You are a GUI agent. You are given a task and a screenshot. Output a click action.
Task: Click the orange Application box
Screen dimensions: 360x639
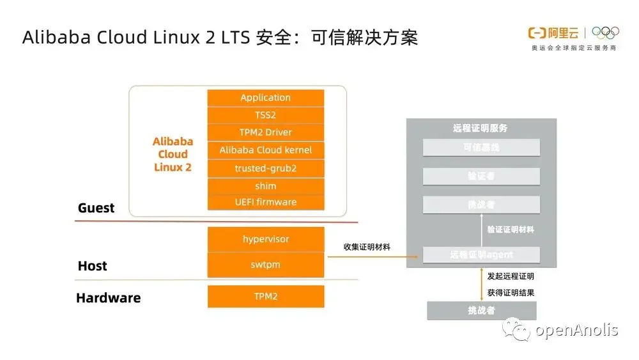pos(265,98)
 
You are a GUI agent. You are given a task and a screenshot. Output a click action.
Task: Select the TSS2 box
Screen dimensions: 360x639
pos(265,115)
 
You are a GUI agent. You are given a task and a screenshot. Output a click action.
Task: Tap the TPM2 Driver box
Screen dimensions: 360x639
pos(265,132)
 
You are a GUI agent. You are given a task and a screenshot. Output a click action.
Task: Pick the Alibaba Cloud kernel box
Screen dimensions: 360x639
pos(265,150)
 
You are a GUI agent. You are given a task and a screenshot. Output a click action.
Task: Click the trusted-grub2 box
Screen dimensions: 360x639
pos(265,168)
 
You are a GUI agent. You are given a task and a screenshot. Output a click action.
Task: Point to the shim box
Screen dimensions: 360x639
pos(265,186)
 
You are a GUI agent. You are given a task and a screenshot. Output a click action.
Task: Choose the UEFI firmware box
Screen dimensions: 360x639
pos(265,202)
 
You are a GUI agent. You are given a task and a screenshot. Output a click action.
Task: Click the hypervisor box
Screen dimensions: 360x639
pos(265,239)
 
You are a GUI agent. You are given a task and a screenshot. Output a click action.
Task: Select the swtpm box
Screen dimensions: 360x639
pos(265,264)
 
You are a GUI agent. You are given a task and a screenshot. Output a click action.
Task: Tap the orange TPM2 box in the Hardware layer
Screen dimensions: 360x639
pos(265,296)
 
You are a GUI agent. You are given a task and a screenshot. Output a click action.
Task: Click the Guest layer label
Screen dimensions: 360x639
pos(96,208)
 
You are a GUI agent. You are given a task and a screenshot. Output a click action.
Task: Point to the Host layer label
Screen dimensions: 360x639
pos(93,266)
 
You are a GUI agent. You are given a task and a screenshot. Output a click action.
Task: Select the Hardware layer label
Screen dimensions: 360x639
pos(108,298)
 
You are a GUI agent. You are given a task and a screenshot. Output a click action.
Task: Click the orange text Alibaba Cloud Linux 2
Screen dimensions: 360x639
pos(173,154)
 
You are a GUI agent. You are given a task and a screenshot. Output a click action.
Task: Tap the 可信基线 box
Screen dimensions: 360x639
pos(481,148)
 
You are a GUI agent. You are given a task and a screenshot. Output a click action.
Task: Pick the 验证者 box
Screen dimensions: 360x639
pos(481,176)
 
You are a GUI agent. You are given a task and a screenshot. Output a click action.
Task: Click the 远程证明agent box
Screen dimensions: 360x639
pos(481,254)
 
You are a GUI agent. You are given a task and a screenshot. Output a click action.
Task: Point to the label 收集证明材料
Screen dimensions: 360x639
pos(367,247)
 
